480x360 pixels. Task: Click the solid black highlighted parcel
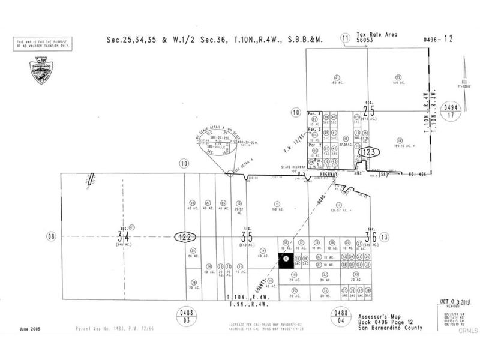click(286, 259)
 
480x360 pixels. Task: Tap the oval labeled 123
click(370, 153)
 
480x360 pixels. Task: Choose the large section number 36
click(371, 237)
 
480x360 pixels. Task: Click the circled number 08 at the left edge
click(52, 236)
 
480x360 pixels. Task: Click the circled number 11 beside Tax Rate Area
click(346, 38)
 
